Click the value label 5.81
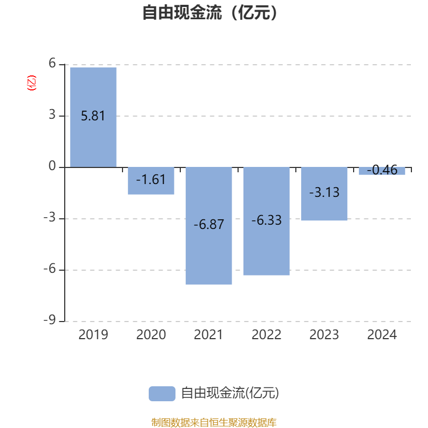click(93, 116)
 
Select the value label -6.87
click(209, 225)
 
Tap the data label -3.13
click(324, 193)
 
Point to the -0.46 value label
click(382, 171)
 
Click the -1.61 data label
click(151, 180)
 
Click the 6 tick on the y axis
click(52, 64)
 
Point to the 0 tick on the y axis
click(52, 167)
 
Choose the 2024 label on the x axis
click(382, 335)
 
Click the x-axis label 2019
click(93, 335)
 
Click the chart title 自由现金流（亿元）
click(210, 13)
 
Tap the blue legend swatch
click(162, 393)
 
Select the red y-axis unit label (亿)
click(32, 83)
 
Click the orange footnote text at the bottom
click(214, 423)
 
